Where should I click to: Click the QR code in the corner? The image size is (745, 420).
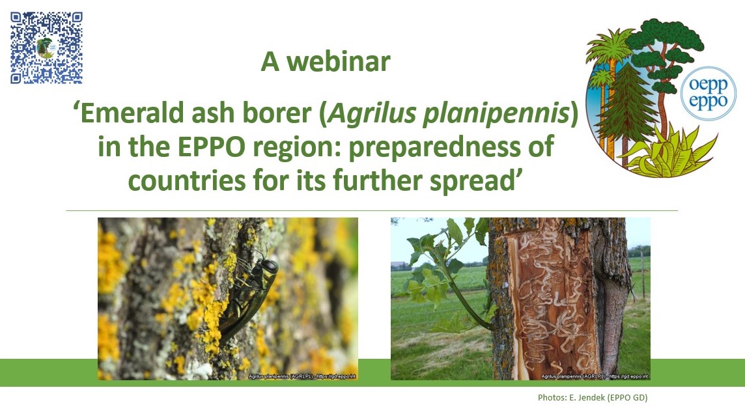46,48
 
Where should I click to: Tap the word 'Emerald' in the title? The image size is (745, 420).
124,115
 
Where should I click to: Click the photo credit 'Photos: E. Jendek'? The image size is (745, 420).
593,397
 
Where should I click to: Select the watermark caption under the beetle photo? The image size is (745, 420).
302,376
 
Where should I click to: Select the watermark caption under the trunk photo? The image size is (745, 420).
595,376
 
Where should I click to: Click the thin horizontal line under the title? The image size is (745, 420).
371,210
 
